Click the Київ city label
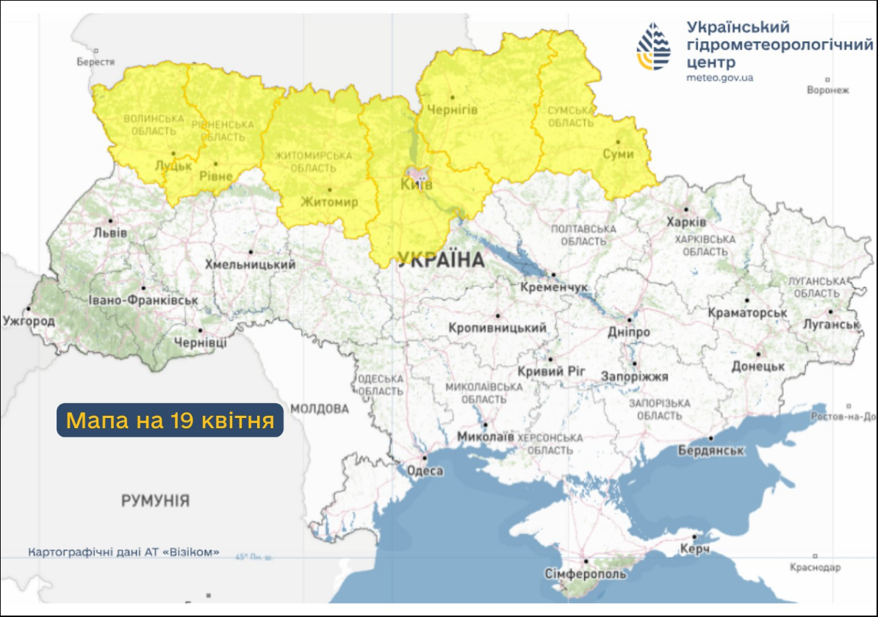[416, 184]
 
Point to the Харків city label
[686, 222]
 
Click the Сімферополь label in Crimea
[586, 573]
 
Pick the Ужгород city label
[29, 321]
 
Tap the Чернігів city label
[453, 109]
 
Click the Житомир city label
[328, 201]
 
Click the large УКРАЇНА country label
[441, 259]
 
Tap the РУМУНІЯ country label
[155, 501]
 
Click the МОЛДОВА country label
[319, 408]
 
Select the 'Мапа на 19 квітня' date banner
[170, 420]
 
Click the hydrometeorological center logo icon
[653, 46]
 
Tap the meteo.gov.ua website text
[719, 77]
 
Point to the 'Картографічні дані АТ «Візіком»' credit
[123, 552]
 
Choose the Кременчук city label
[553, 286]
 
